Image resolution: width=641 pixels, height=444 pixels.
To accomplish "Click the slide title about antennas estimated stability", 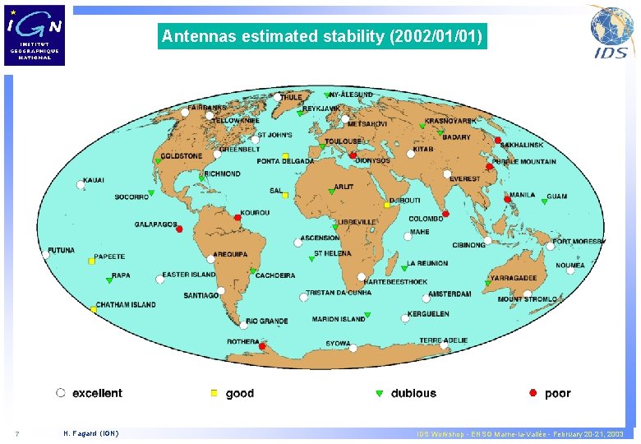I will [x=322, y=37].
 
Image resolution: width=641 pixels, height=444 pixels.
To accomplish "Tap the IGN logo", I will [x=35, y=35].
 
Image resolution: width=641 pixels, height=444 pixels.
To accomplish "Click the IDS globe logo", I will [x=611, y=32].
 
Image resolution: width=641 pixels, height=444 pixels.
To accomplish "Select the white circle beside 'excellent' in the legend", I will [x=61, y=393].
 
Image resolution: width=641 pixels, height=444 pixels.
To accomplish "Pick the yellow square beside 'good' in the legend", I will [x=214, y=394].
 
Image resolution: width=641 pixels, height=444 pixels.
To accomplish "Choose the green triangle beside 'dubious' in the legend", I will [x=379, y=394].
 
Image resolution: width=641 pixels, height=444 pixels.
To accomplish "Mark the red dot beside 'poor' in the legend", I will [x=533, y=393].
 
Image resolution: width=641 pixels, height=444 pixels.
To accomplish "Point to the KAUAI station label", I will [x=94, y=180].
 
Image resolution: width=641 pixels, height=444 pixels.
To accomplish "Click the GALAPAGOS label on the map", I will [x=156, y=224].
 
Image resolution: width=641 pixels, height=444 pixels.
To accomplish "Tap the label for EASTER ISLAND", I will [x=189, y=275].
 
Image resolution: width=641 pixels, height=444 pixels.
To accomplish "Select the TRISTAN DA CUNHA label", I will [x=339, y=293].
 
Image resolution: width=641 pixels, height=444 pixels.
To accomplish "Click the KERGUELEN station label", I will [x=428, y=314].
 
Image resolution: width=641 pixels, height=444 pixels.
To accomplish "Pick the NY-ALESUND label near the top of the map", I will [x=351, y=95].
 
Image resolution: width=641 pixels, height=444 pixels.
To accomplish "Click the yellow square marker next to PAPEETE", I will [x=92, y=261].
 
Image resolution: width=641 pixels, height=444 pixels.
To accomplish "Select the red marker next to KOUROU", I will [x=237, y=218].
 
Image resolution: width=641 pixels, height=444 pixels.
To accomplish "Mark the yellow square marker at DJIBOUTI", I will [x=387, y=205].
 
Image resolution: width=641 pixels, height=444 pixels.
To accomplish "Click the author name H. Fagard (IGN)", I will [x=90, y=434].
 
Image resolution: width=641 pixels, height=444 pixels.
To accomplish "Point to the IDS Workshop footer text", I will [x=519, y=434].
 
